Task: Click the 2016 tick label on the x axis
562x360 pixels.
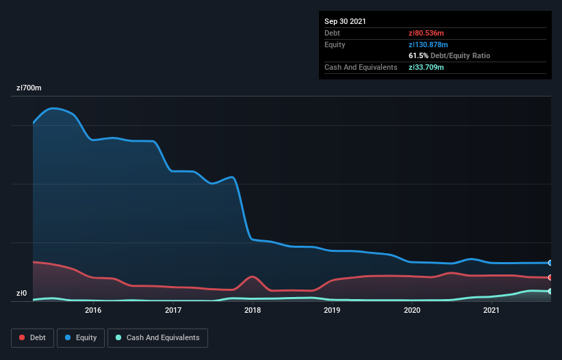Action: (x=93, y=310)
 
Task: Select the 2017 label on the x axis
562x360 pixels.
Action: (x=173, y=310)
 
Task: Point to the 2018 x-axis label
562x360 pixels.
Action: (x=253, y=310)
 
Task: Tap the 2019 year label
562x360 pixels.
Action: (x=332, y=310)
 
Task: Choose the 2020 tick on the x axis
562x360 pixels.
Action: (x=412, y=310)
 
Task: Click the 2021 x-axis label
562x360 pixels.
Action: (x=491, y=310)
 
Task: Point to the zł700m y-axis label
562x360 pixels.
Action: (x=29, y=88)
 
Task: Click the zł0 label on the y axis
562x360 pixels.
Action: (x=22, y=294)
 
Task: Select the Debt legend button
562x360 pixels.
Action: (x=32, y=337)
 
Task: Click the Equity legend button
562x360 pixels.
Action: (x=81, y=337)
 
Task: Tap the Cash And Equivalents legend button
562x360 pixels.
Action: (x=157, y=337)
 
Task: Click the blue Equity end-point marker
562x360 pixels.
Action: (x=550, y=263)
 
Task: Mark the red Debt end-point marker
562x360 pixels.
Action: (x=550, y=277)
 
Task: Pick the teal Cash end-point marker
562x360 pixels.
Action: (x=550, y=292)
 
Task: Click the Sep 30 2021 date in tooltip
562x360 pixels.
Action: (x=346, y=21)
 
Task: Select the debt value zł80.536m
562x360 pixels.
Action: (x=426, y=33)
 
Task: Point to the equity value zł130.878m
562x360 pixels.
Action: (x=429, y=44)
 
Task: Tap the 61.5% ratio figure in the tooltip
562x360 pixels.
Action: (x=418, y=55)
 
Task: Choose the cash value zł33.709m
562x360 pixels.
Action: (x=426, y=67)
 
